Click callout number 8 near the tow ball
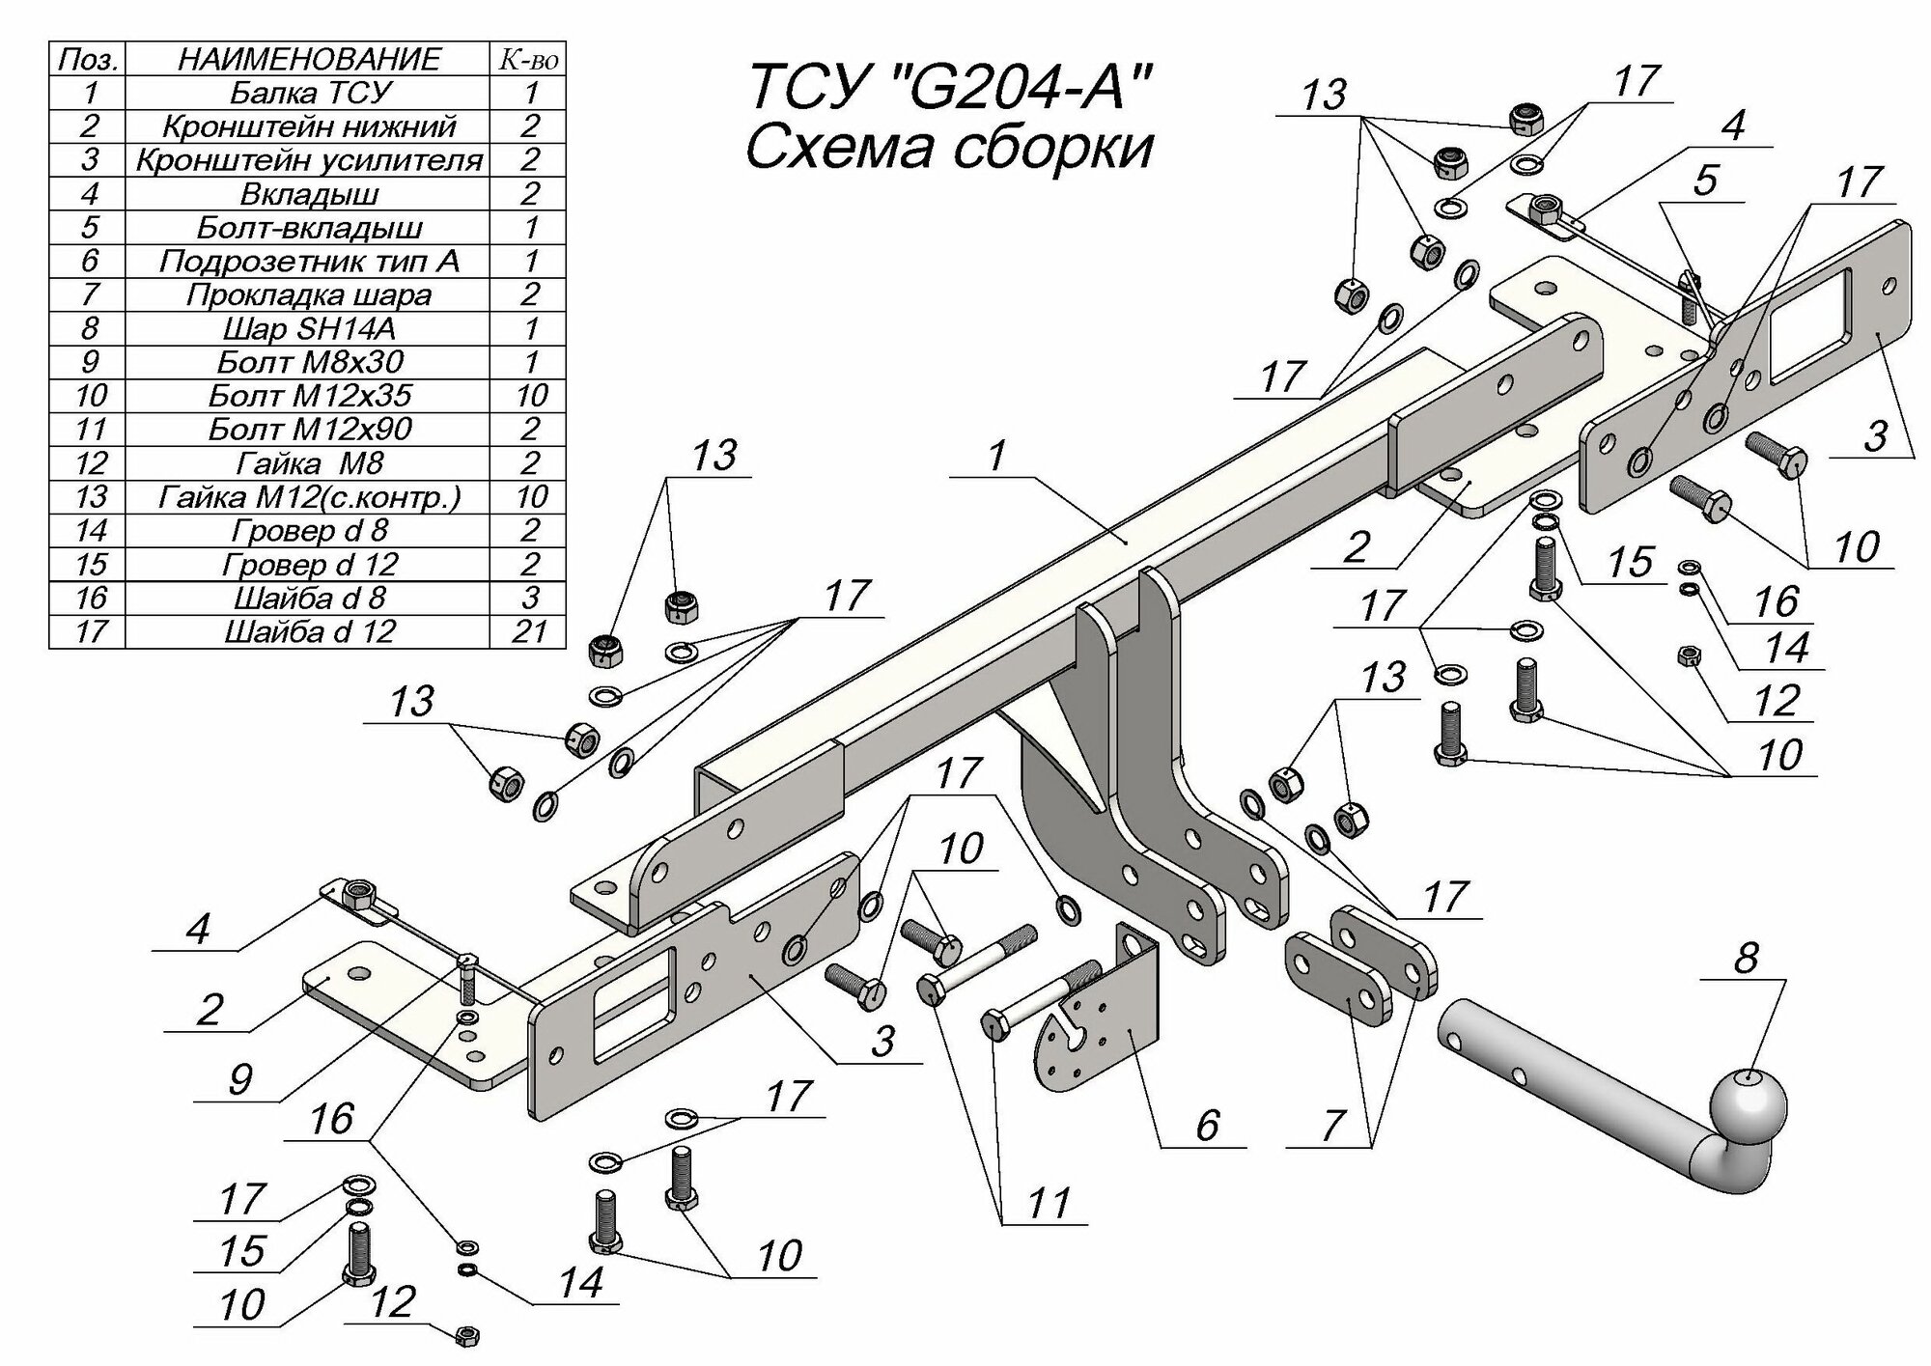pos(1746,960)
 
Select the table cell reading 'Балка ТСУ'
pos(311,93)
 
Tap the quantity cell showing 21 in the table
pos(530,631)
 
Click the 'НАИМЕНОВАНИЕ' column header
pos(309,59)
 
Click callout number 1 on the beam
pos(997,455)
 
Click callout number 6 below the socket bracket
pos(1206,1126)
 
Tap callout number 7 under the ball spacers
pos(1333,1126)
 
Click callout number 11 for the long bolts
pos(1049,1203)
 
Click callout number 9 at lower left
pos(238,1077)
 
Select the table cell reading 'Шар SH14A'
pos(311,328)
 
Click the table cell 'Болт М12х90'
pos(311,429)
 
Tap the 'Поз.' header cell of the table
pos(88,59)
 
